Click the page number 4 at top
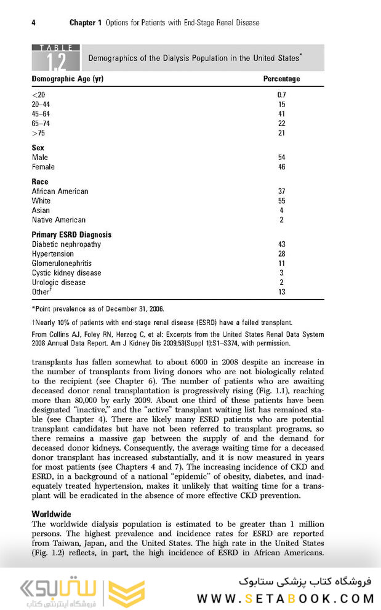point(33,23)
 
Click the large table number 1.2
point(56,60)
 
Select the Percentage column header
point(281,79)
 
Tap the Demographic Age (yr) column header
point(67,79)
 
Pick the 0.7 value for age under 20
point(282,95)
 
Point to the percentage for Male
point(281,158)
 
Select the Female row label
point(43,167)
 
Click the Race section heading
point(40,182)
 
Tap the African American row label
point(60,191)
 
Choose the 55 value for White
point(281,201)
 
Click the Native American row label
point(58,220)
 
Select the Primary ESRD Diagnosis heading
point(71,235)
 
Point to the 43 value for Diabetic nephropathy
point(281,244)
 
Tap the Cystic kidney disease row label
point(66,273)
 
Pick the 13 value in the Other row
point(281,292)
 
